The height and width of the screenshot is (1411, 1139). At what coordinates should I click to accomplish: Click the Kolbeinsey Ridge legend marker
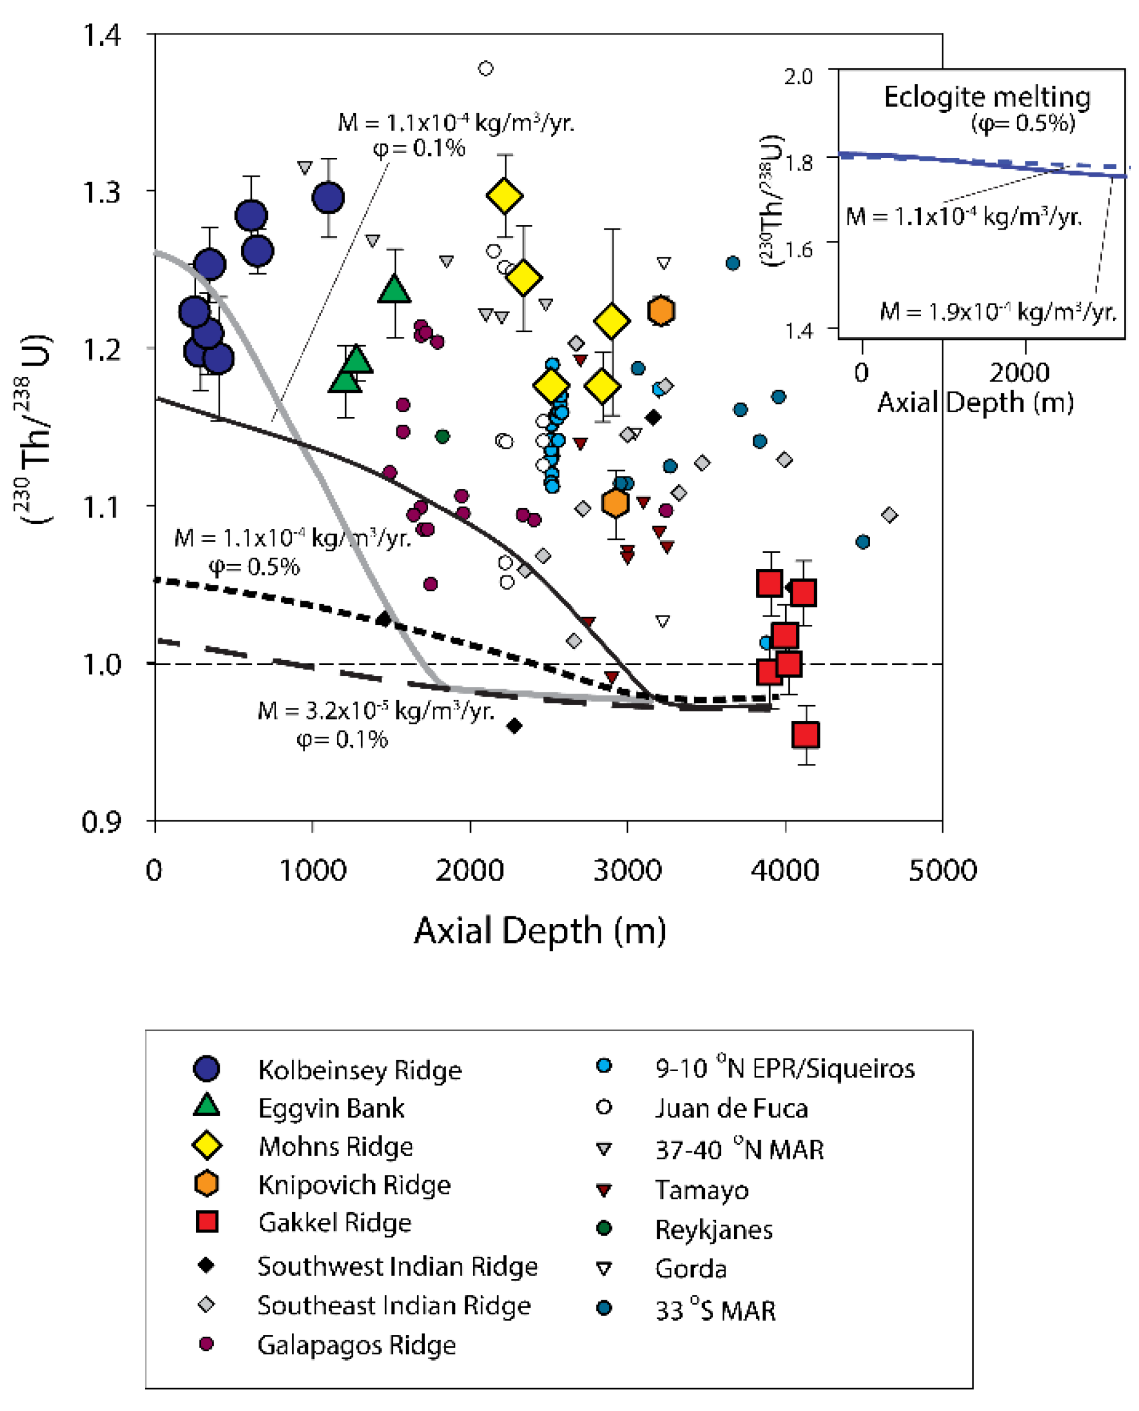pyautogui.click(x=206, y=1069)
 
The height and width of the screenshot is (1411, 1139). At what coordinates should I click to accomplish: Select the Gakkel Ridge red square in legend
pyautogui.click(x=207, y=1221)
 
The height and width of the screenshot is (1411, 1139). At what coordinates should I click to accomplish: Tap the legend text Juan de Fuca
pyautogui.click(x=731, y=1108)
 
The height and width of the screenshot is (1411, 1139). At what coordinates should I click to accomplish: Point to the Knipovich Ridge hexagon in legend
pyautogui.click(x=207, y=1183)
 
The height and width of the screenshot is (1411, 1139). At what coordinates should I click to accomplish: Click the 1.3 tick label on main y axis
pyautogui.click(x=101, y=192)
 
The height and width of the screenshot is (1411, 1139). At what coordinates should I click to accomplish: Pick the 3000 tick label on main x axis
pyautogui.click(x=627, y=871)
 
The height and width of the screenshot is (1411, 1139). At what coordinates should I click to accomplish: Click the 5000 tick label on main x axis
pyautogui.click(x=942, y=871)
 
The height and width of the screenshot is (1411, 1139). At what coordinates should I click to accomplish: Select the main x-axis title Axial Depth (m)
pyautogui.click(x=539, y=930)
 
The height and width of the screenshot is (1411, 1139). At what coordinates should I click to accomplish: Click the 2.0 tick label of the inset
pyautogui.click(x=799, y=77)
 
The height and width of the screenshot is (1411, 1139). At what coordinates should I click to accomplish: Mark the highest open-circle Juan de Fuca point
pyautogui.click(x=485, y=68)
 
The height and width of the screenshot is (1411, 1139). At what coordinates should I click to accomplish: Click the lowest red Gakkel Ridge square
pyautogui.click(x=806, y=735)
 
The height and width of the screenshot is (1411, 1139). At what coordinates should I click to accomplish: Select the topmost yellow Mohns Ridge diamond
pyautogui.click(x=505, y=196)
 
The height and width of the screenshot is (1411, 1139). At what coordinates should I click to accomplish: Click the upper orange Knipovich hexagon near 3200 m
pyautogui.click(x=661, y=311)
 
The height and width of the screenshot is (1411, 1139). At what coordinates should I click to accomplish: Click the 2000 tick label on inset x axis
pyautogui.click(x=1019, y=373)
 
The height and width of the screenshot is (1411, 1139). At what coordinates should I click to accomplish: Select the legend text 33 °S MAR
pyautogui.click(x=715, y=1311)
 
